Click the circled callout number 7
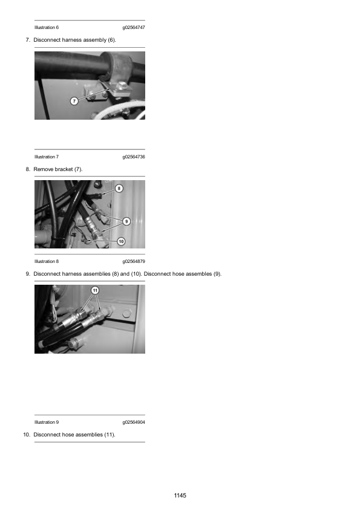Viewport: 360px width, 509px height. [74, 101]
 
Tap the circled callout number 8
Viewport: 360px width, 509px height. [119, 188]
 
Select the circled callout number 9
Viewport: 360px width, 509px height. [126, 221]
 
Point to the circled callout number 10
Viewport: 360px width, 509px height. [121, 242]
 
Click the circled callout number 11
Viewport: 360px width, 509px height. [95, 290]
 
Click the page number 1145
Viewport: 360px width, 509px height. [180, 495]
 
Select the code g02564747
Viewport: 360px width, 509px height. [134, 28]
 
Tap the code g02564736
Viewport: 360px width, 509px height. [134, 157]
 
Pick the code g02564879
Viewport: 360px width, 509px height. [134, 261]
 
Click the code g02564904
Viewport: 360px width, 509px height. [134, 423]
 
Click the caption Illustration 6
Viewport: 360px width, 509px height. [47, 28]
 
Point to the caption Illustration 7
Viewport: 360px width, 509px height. [47, 157]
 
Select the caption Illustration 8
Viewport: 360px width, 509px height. [47, 261]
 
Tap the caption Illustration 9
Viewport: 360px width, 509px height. [47, 423]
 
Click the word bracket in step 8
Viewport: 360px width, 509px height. [64, 169]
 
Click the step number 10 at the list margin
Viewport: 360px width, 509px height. [27, 435]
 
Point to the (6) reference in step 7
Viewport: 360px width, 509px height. [112, 40]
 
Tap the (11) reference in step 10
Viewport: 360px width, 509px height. [110, 435]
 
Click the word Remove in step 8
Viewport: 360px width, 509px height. [44, 169]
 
